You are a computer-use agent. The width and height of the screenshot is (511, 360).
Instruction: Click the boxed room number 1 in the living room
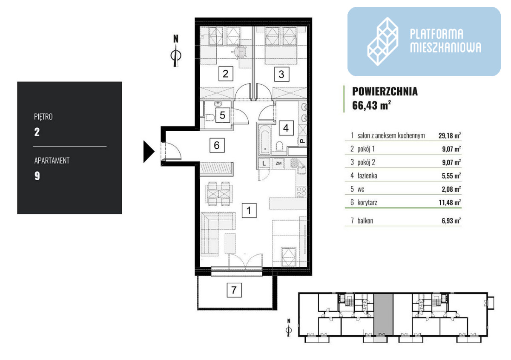(249, 210)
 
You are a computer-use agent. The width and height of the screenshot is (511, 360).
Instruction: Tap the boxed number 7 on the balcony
(234, 290)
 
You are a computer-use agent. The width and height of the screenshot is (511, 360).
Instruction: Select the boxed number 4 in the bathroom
(286, 128)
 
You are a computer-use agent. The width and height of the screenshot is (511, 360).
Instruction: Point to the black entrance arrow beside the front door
(149, 152)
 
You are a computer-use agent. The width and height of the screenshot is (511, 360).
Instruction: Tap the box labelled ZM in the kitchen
(278, 163)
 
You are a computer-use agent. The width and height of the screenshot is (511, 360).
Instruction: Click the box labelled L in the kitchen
(264, 163)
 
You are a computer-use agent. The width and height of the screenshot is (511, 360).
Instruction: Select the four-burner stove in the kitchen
(301, 192)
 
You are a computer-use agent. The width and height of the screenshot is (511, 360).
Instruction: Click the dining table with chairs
(219, 194)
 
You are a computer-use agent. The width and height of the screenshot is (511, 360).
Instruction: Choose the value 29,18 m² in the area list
(449, 135)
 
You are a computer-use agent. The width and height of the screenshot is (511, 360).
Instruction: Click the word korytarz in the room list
(367, 202)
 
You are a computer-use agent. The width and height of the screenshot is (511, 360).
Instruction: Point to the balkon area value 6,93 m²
(451, 221)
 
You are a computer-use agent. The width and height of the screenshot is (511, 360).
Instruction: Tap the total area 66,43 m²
(371, 105)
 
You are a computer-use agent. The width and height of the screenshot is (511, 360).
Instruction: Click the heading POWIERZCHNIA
(385, 91)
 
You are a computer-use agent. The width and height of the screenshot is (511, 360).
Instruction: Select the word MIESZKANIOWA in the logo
(445, 47)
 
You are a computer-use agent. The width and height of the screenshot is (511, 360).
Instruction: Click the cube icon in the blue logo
(382, 42)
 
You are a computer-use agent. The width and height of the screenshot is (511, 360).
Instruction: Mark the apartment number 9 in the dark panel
(37, 176)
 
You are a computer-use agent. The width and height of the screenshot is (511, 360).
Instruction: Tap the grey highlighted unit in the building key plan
(383, 314)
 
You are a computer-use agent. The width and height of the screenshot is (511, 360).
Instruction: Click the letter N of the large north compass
(175, 39)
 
